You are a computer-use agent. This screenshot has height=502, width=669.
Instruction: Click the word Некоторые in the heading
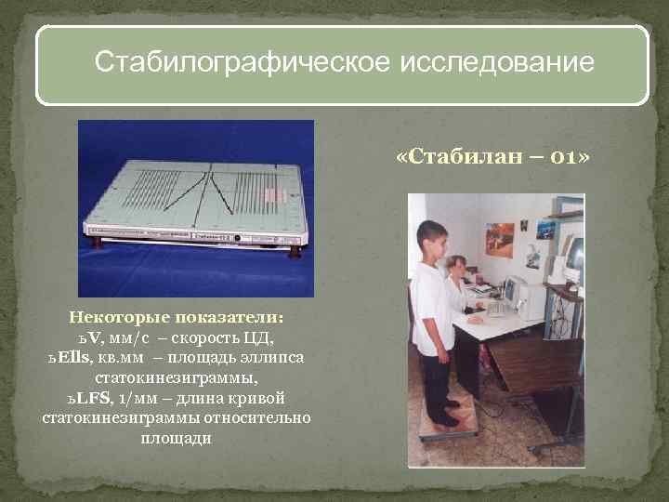click(x=113, y=317)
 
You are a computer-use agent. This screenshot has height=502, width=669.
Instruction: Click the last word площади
click(x=176, y=437)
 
